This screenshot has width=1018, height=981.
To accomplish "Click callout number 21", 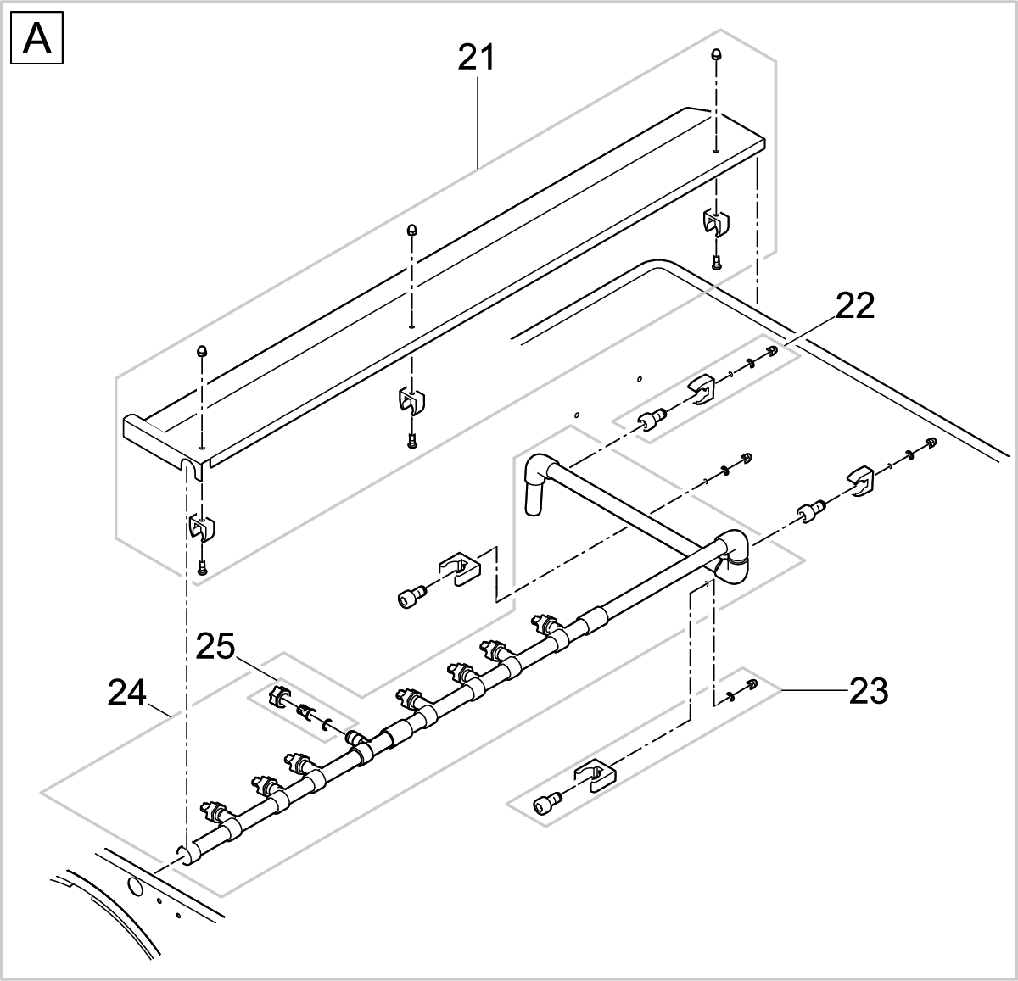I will pyautogui.click(x=477, y=58).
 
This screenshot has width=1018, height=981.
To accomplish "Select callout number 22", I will pyautogui.click(x=854, y=306).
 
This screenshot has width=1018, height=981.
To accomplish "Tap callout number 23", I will pyautogui.click(x=868, y=692).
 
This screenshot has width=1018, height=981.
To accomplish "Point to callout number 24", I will pyautogui.click(x=127, y=694).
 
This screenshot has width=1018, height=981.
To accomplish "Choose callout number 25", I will pyautogui.click(x=215, y=647).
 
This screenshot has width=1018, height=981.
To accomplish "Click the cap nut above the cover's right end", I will pyautogui.click(x=717, y=54).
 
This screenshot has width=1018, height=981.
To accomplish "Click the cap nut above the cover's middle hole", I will pyautogui.click(x=411, y=229).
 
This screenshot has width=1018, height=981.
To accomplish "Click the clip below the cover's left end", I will pyautogui.click(x=201, y=527).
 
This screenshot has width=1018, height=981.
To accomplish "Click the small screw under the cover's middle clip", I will pyautogui.click(x=411, y=440).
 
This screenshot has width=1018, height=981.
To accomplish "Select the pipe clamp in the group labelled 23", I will pyautogui.click(x=593, y=776).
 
